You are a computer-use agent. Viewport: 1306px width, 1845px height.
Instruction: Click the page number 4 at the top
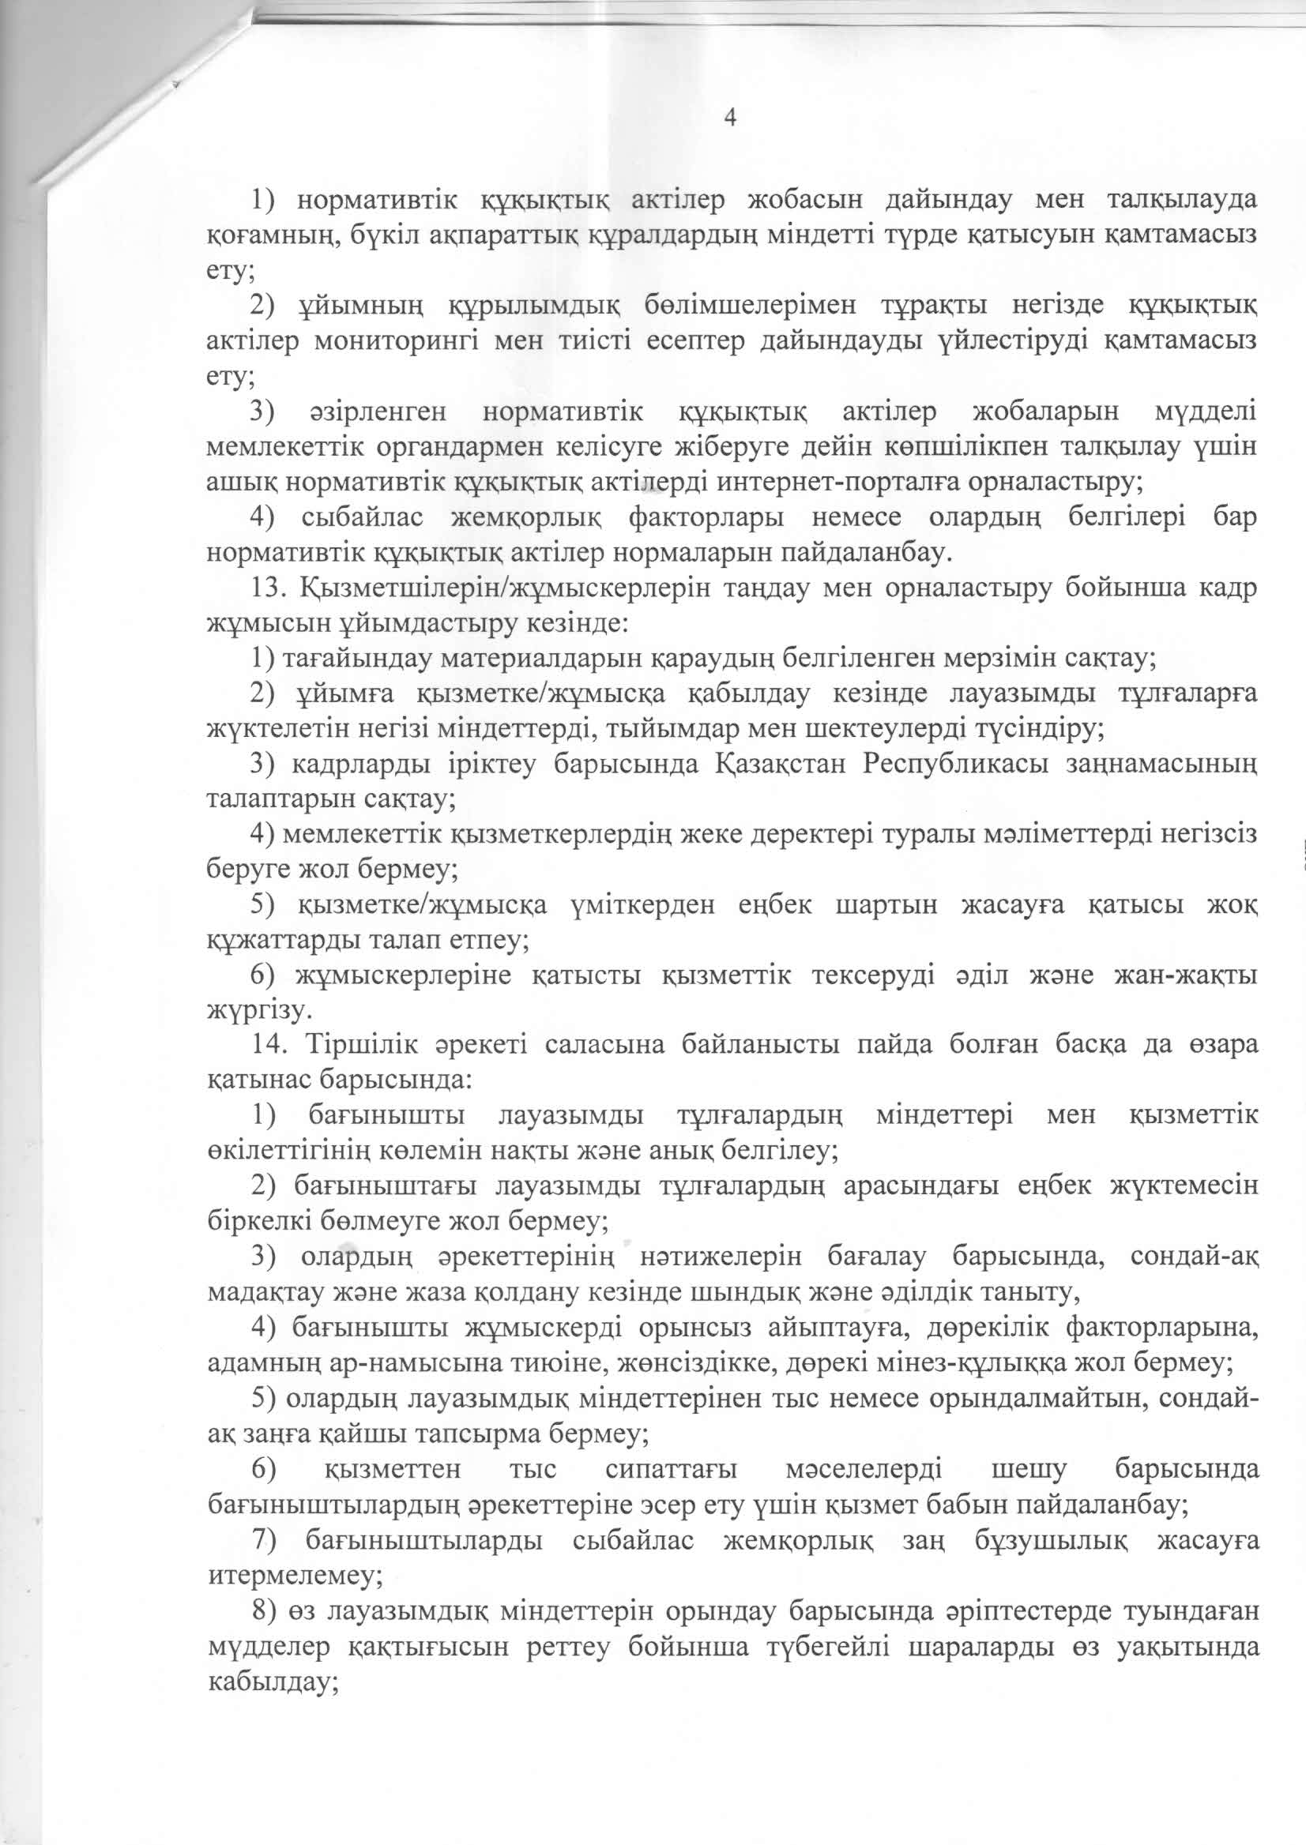pos(730,118)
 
